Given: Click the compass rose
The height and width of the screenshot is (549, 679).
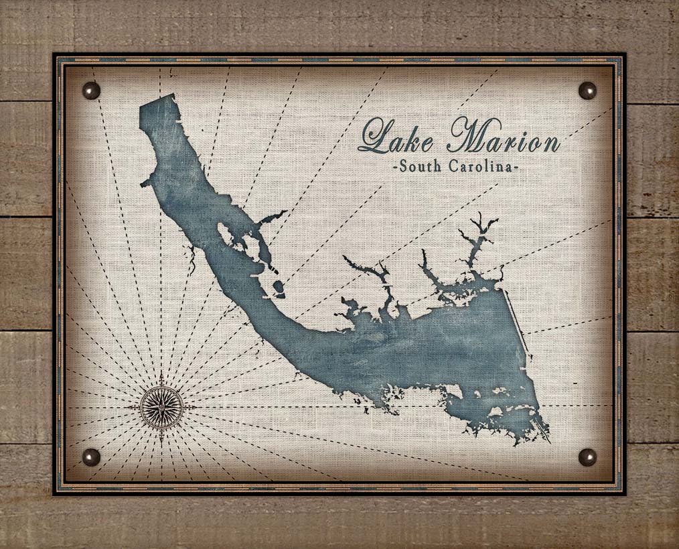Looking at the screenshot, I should [161, 408].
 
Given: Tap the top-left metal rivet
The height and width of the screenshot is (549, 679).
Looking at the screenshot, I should [91, 90].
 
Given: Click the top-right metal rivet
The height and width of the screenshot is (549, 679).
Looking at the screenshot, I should [587, 90].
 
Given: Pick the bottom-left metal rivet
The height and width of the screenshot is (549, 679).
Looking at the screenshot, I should [91, 456].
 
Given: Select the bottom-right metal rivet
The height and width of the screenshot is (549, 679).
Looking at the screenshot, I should [587, 456].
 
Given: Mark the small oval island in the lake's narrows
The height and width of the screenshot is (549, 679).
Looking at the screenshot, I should [279, 289].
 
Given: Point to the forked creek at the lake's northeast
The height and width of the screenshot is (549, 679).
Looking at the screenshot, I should [479, 231].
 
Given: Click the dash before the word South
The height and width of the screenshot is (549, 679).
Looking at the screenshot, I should [396, 168].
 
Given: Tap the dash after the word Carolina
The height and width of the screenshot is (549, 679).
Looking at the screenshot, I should [516, 168].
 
